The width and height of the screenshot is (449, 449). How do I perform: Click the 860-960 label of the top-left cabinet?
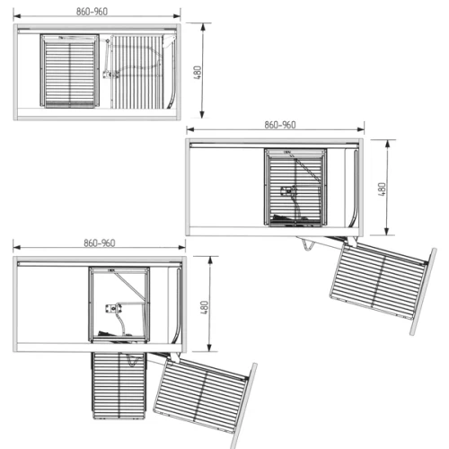[92, 12]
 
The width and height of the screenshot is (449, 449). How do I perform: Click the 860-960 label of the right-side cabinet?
[280, 125]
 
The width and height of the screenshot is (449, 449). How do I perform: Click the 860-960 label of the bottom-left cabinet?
[100, 242]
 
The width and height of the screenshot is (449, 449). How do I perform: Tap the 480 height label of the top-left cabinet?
[198, 72]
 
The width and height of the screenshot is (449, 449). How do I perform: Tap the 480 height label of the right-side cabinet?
[382, 189]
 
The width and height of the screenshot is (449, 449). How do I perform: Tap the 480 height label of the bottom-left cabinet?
[204, 307]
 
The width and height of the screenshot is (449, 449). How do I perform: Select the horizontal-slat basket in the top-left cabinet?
[70, 71]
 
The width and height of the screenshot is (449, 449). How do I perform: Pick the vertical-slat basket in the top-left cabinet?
[136, 72]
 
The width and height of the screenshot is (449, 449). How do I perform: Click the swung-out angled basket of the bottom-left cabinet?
[201, 396]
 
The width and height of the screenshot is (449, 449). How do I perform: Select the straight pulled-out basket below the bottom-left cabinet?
[119, 385]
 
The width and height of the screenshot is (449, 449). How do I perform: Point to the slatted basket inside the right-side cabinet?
[295, 188]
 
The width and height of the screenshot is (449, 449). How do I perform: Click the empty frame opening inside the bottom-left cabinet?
[119, 304]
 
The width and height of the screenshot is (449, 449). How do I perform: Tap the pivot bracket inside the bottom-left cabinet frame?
[113, 308]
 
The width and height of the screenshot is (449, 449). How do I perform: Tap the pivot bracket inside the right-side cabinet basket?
[288, 190]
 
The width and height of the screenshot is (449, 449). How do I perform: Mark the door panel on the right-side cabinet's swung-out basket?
[423, 291]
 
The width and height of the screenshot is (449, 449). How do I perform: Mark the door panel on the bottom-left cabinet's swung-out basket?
[244, 406]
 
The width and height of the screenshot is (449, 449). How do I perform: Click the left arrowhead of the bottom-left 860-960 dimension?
[17, 247]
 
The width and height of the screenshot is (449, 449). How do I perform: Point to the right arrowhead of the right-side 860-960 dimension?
[361, 129]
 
